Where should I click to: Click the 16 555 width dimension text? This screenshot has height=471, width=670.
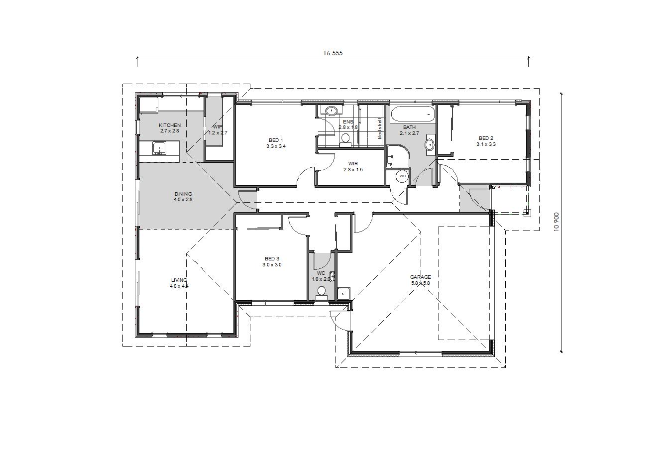click(x=333, y=53)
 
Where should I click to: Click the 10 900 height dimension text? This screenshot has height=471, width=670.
click(x=557, y=222)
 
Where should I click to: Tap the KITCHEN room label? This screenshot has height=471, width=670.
click(x=170, y=125)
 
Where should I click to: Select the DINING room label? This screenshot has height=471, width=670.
click(x=183, y=194)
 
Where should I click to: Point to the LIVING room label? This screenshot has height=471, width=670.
click(x=179, y=280)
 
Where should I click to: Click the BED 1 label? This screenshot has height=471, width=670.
click(x=276, y=140)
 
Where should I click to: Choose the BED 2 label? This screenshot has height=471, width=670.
click(x=486, y=138)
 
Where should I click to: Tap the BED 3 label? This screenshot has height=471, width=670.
click(x=272, y=259)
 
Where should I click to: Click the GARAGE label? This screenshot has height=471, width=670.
click(x=421, y=277)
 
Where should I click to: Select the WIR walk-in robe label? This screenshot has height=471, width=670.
click(x=353, y=164)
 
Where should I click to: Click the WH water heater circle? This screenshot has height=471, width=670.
click(x=403, y=176)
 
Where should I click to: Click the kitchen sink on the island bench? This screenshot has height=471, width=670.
click(x=159, y=148)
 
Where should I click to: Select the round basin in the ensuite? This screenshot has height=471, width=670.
click(x=331, y=111)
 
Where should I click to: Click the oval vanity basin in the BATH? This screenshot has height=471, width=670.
click(x=430, y=145)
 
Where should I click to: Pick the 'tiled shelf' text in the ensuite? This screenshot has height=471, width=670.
click(x=380, y=128)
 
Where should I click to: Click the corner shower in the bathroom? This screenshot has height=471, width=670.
click(x=398, y=157)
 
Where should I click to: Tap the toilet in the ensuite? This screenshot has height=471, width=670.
click(x=346, y=140)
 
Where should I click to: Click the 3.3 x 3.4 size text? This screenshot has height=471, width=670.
click(x=276, y=146)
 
